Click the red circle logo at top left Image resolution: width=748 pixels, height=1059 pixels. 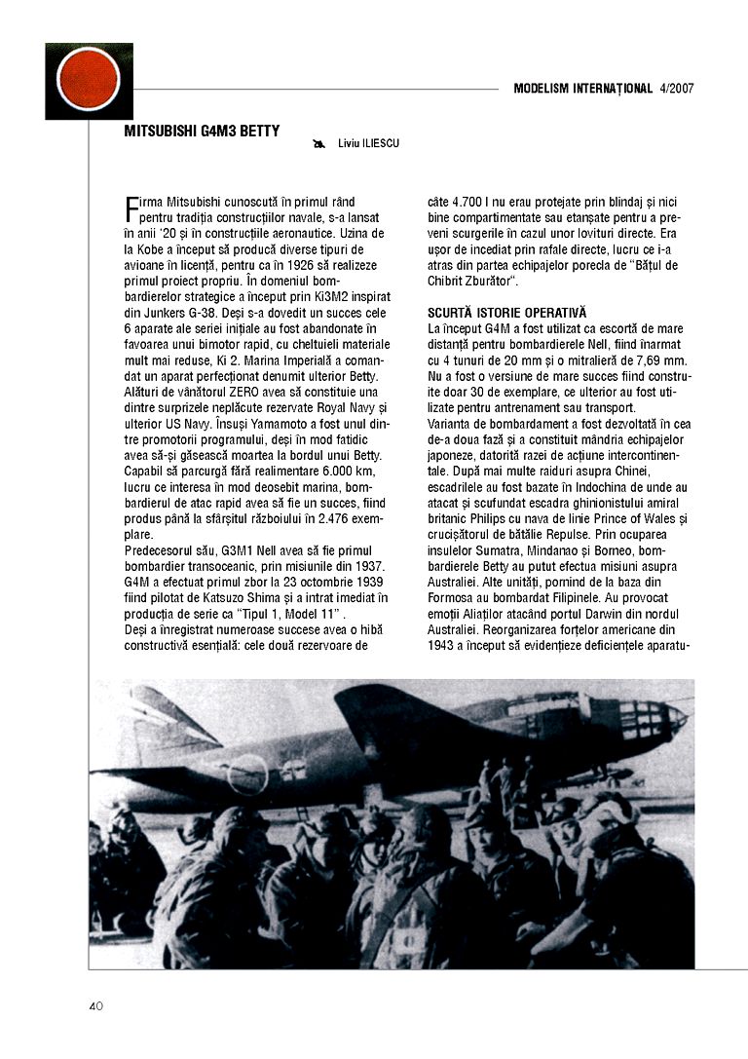pos(89,80)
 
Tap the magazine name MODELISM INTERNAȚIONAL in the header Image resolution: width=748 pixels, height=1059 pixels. pos(582,89)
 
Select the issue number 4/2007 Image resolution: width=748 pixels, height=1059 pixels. pos(676,89)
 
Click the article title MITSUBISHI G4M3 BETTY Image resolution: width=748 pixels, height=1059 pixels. pos(202,131)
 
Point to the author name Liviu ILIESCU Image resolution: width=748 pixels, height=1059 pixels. pos(368,144)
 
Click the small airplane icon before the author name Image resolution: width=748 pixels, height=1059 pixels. pos(318,144)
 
